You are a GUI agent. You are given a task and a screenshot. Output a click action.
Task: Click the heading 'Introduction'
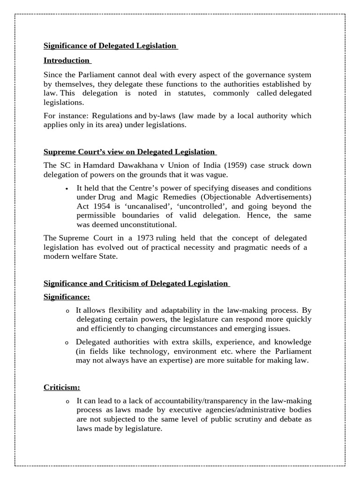pyautogui.click(x=66, y=60)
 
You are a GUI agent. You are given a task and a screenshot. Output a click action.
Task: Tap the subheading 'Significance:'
pyautogui.click(x=67, y=297)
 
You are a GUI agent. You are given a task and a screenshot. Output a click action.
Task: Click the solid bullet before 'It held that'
pyautogui.click(x=67, y=188)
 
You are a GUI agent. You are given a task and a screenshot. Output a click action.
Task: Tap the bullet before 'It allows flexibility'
pyautogui.click(x=67, y=311)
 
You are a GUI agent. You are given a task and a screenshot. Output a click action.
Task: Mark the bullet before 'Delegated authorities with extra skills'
pyautogui.click(x=67, y=343)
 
